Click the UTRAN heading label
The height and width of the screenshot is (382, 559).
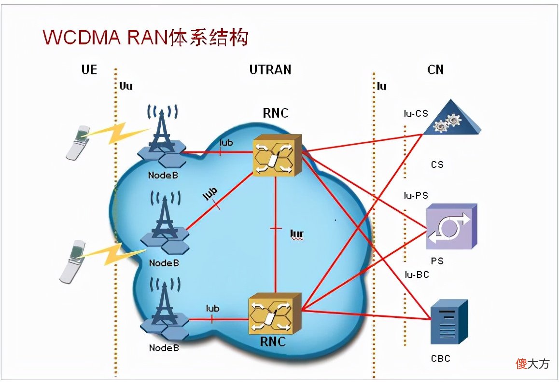[270, 69]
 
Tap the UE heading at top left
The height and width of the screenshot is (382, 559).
[89, 69]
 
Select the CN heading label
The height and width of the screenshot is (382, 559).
[435, 69]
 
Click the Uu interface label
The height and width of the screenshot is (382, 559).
[126, 86]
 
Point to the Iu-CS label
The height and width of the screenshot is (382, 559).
[416, 113]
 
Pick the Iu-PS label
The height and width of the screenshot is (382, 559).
[416, 195]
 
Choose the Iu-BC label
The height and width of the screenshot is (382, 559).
[417, 274]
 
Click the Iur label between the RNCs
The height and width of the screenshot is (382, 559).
[296, 234]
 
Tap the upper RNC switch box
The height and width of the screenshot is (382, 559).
[278, 155]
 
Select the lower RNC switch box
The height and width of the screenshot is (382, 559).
[275, 314]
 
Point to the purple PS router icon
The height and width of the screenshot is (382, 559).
[451, 227]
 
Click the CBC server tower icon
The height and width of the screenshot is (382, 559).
[449, 322]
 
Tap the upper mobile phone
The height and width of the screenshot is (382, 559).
[78, 142]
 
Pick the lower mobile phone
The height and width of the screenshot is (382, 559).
[73, 262]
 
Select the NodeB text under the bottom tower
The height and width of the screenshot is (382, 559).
[164, 348]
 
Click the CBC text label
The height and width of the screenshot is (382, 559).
[441, 358]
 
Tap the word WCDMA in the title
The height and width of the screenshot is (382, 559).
[82, 37]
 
